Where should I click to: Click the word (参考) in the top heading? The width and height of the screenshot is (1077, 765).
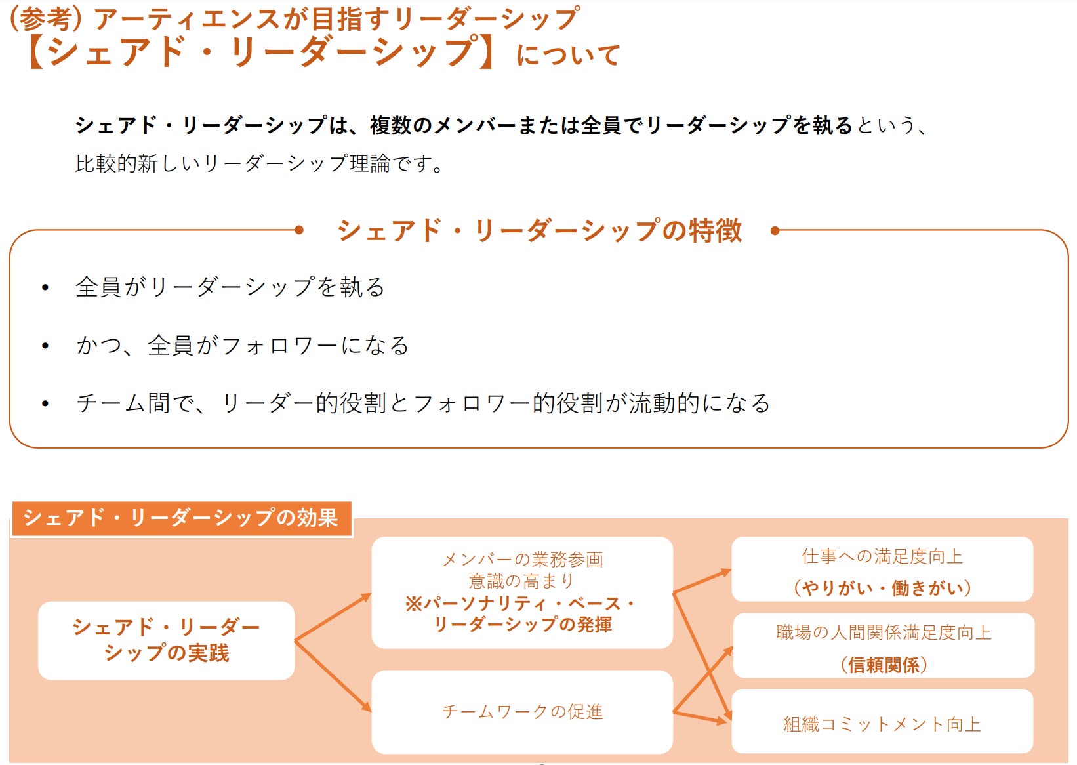pyautogui.click(x=45, y=18)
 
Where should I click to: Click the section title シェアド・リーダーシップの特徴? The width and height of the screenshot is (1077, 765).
pyautogui.click(x=539, y=231)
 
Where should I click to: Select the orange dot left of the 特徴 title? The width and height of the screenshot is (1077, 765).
pyautogui.click(x=299, y=230)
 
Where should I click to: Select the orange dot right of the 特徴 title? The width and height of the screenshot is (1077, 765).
pyautogui.click(x=775, y=230)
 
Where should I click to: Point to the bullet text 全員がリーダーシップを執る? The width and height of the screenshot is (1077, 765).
pyautogui.click(x=230, y=287)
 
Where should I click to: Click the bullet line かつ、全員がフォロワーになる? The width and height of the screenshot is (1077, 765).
pyautogui.click(x=242, y=345)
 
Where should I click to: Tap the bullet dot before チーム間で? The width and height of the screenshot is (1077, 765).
pyautogui.click(x=45, y=403)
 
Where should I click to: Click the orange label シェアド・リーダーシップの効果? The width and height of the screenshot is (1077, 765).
pyautogui.click(x=181, y=518)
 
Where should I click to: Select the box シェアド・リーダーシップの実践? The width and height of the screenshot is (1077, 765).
pyautogui.click(x=166, y=640)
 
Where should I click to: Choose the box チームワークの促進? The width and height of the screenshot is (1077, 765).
pyautogui.click(x=522, y=712)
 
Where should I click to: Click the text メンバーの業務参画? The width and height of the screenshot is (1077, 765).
pyautogui.click(x=522, y=560)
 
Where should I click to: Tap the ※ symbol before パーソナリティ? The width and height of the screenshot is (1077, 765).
pyautogui.click(x=413, y=604)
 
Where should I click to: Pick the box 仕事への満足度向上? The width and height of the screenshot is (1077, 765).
pyautogui.click(x=882, y=568)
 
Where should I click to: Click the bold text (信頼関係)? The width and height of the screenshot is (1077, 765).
pyautogui.click(x=884, y=665)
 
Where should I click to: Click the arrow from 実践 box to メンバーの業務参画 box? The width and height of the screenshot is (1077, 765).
pyautogui.click(x=333, y=617)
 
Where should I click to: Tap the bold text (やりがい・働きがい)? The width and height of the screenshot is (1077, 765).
pyautogui.click(x=882, y=588)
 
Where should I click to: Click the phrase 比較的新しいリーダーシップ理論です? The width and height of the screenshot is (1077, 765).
pyautogui.click(x=258, y=163)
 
